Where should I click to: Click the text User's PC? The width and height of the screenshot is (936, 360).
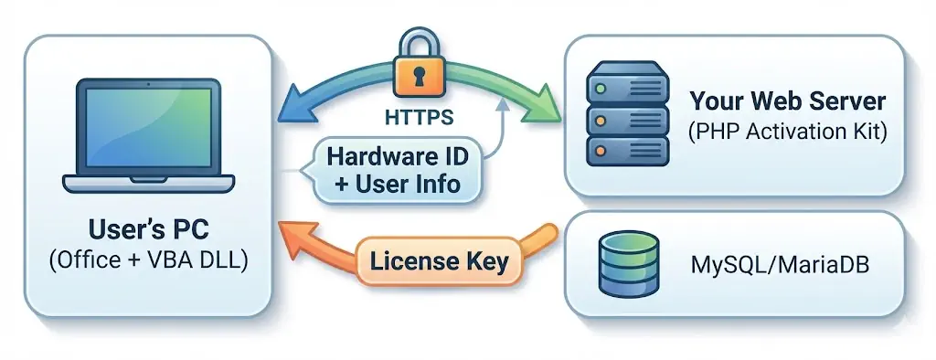150,228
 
